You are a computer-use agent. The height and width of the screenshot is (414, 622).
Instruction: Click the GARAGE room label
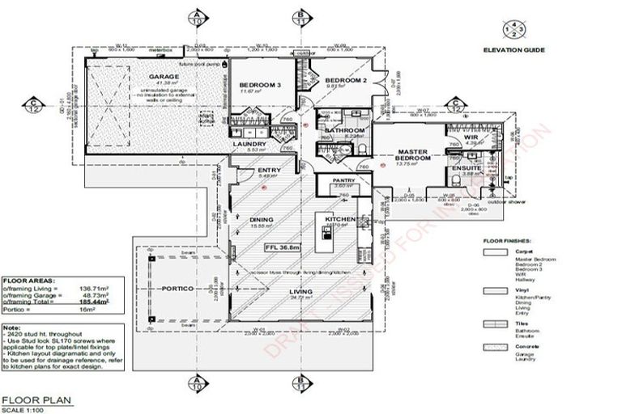[x=163, y=77]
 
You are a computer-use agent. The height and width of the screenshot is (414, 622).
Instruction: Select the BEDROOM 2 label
[x=347, y=81]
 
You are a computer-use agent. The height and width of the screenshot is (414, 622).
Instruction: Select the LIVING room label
[x=300, y=293]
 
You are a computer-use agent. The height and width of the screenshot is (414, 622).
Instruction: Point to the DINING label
[x=262, y=219]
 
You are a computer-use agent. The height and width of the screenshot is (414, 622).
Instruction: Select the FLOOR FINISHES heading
[x=508, y=241]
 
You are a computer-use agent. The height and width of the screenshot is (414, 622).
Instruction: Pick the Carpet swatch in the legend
[x=489, y=252]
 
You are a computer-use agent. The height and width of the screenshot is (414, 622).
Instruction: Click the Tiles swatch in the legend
[x=489, y=323]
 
